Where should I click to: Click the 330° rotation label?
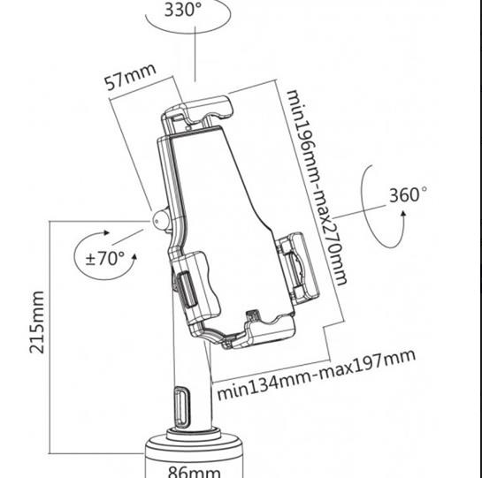click(183, 9)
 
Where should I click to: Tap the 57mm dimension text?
click(130, 78)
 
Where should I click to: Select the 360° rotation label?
click(408, 194)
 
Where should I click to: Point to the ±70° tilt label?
click(105, 258)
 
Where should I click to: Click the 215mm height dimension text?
click(37, 322)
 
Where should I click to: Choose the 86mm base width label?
click(195, 472)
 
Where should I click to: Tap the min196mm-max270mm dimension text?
click(317, 187)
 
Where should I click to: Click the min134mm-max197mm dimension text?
click(317, 374)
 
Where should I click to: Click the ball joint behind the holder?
click(160, 219)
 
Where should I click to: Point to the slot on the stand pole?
click(182, 407)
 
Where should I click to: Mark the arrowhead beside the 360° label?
click(403, 214)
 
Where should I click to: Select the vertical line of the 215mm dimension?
click(50, 337)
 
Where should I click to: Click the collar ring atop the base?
click(194, 434)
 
